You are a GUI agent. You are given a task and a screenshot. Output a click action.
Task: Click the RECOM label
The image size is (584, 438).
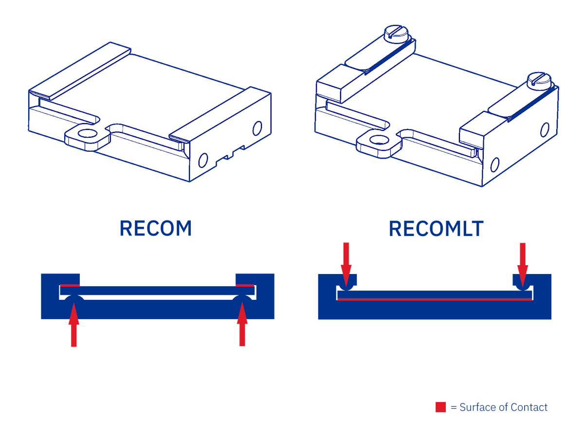click(156, 228)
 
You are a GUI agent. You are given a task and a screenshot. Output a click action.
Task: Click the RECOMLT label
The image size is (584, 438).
click(436, 229)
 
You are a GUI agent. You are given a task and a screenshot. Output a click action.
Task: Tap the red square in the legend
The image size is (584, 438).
click(441, 407)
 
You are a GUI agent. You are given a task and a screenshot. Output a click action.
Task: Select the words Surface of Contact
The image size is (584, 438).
click(503, 407)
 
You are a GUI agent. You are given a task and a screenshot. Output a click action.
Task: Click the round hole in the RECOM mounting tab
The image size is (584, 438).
click(87, 133)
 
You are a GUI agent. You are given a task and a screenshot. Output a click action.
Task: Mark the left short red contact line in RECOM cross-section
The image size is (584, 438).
click(70, 285)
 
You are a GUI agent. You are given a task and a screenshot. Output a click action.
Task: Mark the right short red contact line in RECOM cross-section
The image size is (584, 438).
click(245, 285)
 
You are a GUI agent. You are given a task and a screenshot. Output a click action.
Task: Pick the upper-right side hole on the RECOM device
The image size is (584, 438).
click(257, 128)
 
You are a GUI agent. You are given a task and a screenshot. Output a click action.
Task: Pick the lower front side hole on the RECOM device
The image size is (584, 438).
click(203, 160)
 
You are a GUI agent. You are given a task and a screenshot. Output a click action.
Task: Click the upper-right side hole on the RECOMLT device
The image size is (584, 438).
click(544, 129)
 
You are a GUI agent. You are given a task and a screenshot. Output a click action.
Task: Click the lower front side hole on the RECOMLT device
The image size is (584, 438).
click(495, 164)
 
